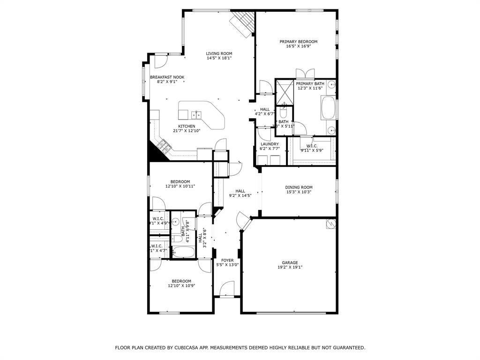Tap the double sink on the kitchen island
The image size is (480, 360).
pyautogui.click(x=196, y=114)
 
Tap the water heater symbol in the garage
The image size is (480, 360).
pyautogui.click(x=331, y=224)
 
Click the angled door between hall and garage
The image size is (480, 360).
pyautogui.click(x=244, y=221)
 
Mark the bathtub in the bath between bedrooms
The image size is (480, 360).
pyautogui.click(x=183, y=252)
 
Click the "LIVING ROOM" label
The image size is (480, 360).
pyautogui.click(x=219, y=53)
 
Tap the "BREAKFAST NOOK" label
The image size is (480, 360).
pyautogui.click(x=167, y=77)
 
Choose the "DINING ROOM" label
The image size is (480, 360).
pyautogui.click(x=299, y=187)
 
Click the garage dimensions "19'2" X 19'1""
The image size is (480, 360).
pyautogui.click(x=290, y=268)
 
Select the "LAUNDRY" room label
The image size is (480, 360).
pyautogui.click(x=270, y=144)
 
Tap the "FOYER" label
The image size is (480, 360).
pyautogui.click(x=227, y=260)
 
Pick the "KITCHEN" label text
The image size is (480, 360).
pyautogui.click(x=187, y=127)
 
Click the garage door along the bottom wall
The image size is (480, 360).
pyautogui.click(x=289, y=312)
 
